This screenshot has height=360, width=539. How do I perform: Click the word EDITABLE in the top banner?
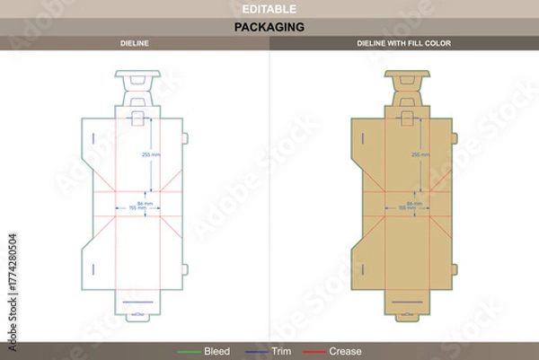click(x=269, y=8)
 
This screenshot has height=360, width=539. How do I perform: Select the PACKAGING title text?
click(x=269, y=27)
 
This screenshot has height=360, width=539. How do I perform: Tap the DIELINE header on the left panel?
click(x=134, y=43)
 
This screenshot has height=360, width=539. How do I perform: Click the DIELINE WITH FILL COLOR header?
click(x=404, y=43)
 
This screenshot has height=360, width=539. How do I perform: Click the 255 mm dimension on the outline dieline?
click(x=150, y=154)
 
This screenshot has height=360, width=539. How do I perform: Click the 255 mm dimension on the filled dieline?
click(x=420, y=154)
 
